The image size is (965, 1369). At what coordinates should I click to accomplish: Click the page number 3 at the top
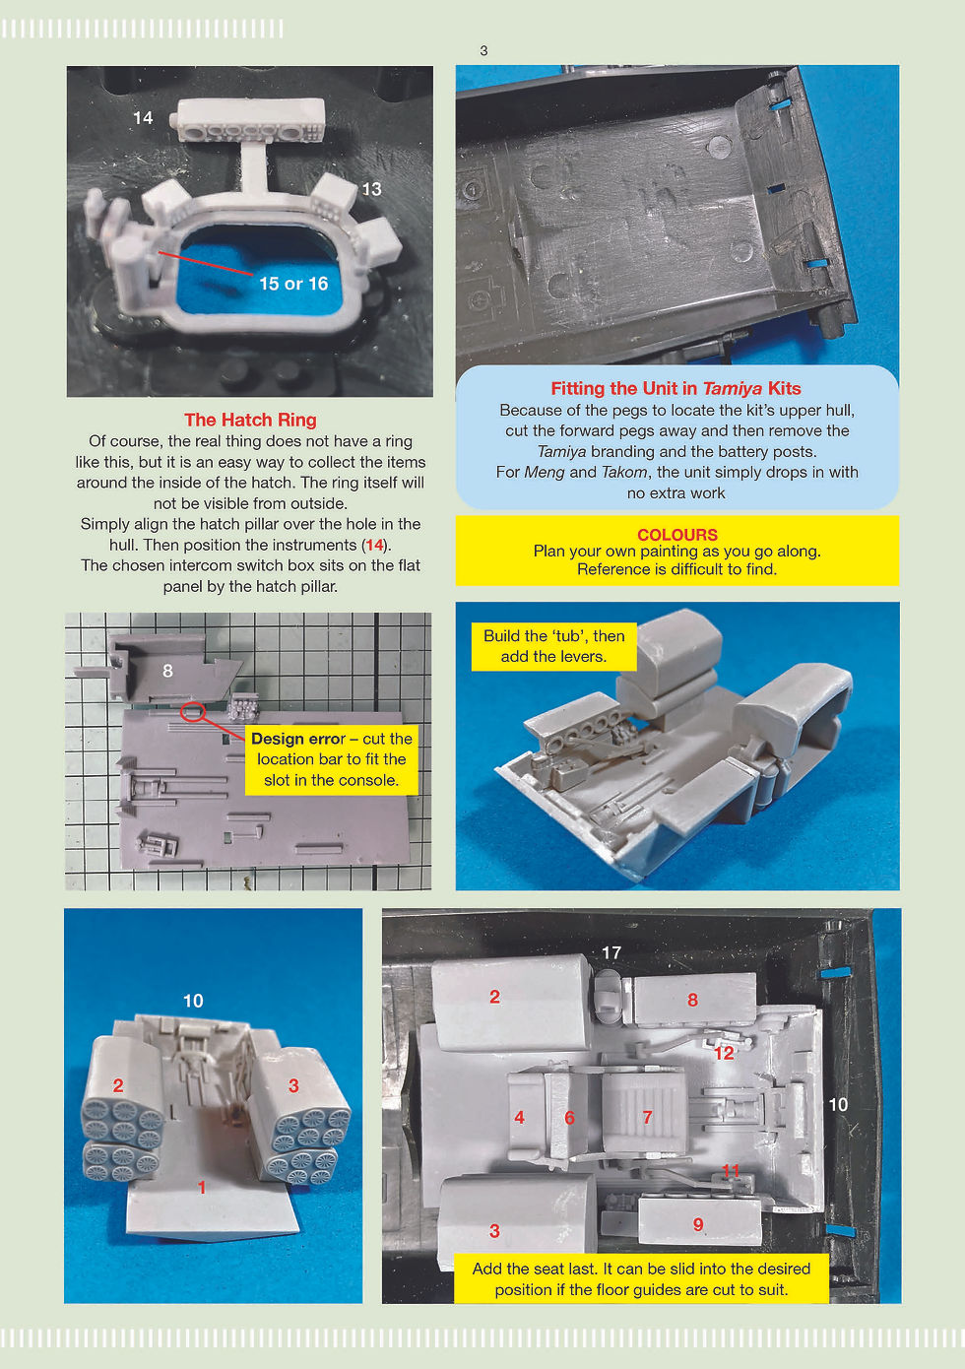[x=483, y=51]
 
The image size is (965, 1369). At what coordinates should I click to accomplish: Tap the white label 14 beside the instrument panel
[x=143, y=118]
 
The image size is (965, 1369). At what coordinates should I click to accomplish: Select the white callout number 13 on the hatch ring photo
[x=371, y=189]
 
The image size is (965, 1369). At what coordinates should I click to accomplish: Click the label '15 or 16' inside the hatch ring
[x=293, y=284]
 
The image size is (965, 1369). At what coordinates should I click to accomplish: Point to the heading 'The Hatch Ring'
[x=250, y=420]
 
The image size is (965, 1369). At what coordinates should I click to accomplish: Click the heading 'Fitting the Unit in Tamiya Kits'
[x=675, y=389]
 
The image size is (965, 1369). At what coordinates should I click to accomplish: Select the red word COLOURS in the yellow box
[x=677, y=535]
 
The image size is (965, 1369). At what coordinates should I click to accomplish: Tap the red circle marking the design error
[x=192, y=712]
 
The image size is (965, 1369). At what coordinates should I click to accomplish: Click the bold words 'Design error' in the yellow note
[x=298, y=739]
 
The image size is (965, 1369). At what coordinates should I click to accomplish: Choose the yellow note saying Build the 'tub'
[x=553, y=647]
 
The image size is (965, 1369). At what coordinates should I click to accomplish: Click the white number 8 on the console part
[x=167, y=671]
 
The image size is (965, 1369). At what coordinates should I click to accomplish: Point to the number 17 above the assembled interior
[x=611, y=952]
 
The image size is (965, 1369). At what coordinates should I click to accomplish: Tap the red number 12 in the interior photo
[x=724, y=1053]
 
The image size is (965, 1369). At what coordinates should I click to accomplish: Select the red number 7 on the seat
[x=647, y=1117]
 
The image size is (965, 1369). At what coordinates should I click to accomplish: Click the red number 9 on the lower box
[x=698, y=1224]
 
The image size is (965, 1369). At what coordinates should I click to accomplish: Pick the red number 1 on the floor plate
[x=202, y=1188]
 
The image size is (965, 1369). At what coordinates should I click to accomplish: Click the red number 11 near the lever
[x=731, y=1170]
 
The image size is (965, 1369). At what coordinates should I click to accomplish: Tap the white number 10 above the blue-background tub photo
[x=193, y=1001]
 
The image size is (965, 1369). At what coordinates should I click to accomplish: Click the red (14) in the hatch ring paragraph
[x=374, y=546]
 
